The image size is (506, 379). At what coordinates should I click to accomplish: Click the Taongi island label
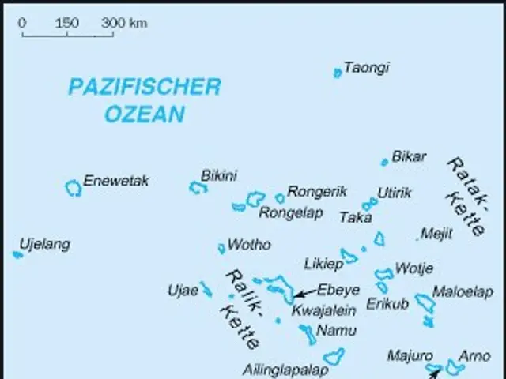[x=366, y=68]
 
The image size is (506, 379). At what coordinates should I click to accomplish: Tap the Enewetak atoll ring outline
[x=73, y=188]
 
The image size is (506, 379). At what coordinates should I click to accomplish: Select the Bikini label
[x=219, y=175]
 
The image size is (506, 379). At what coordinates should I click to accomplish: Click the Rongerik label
[x=317, y=191]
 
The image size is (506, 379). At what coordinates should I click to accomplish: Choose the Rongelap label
[x=291, y=212]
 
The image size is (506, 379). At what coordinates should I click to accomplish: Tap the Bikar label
[x=409, y=156]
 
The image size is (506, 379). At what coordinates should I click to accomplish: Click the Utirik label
[x=394, y=193]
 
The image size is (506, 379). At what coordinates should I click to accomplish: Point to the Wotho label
[x=248, y=245]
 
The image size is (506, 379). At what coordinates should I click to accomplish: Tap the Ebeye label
[x=338, y=289]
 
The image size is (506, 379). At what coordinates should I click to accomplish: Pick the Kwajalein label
[x=323, y=310]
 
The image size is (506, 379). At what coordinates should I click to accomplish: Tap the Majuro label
[x=410, y=356]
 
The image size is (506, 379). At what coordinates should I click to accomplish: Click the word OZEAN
[x=145, y=114]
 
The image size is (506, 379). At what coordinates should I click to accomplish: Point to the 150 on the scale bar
[x=66, y=23]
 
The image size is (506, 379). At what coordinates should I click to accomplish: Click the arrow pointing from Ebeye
[x=304, y=293]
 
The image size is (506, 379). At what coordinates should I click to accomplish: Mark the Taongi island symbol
[x=338, y=73]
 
